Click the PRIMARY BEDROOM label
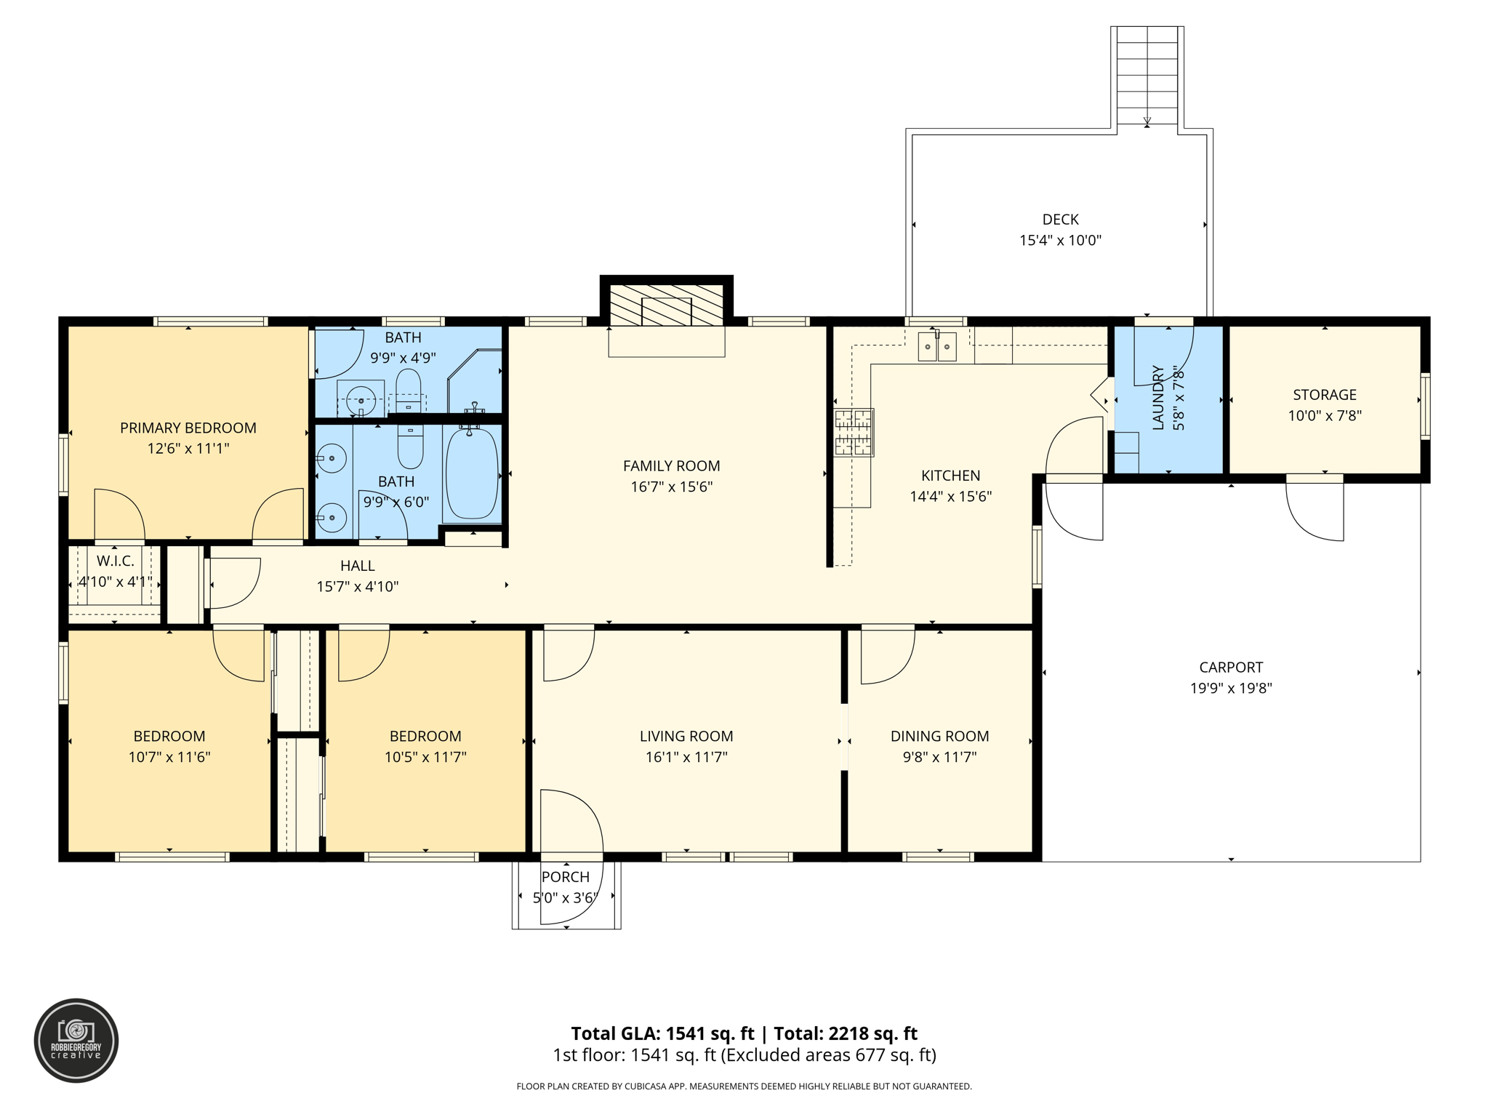(x=188, y=428)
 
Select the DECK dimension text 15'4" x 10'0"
(x=1060, y=241)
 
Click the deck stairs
(x=1147, y=76)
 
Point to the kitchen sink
(x=936, y=347)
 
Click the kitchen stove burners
(x=853, y=432)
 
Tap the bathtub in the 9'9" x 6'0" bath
(x=471, y=473)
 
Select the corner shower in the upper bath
(x=476, y=382)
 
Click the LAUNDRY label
(x=1158, y=398)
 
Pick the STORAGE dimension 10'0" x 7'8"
(x=1324, y=416)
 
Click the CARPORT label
(x=1230, y=667)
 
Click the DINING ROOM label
(x=939, y=736)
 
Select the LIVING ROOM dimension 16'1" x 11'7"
(x=686, y=757)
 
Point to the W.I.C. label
(x=115, y=561)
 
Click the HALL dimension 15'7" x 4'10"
(x=357, y=587)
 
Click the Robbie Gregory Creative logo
(x=76, y=1041)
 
